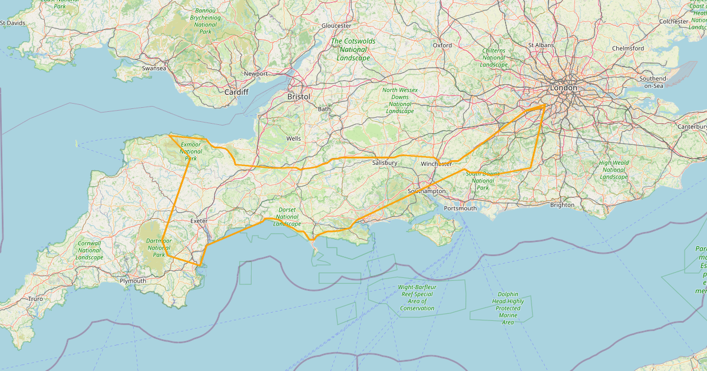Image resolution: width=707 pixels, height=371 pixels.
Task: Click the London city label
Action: (x=563, y=88)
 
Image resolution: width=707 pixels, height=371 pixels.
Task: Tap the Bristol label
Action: (x=298, y=96)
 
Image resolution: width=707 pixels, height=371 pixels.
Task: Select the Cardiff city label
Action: (x=236, y=92)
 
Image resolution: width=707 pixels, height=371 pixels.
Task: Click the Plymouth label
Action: (x=133, y=281)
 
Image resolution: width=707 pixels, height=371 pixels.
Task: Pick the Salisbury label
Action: (x=385, y=163)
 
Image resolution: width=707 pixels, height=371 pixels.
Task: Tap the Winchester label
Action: (x=437, y=164)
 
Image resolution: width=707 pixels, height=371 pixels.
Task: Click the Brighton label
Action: (x=561, y=205)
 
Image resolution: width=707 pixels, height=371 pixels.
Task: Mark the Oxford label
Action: (x=442, y=45)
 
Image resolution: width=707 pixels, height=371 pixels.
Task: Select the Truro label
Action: (x=35, y=299)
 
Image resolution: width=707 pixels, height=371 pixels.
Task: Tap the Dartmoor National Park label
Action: (x=159, y=248)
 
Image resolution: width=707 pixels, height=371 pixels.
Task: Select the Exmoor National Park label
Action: (x=191, y=151)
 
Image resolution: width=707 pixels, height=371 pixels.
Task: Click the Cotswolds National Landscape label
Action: (x=353, y=49)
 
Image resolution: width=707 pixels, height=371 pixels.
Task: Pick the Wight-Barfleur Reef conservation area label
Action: (x=417, y=297)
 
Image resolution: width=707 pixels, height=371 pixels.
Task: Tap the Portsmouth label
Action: (x=460, y=208)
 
